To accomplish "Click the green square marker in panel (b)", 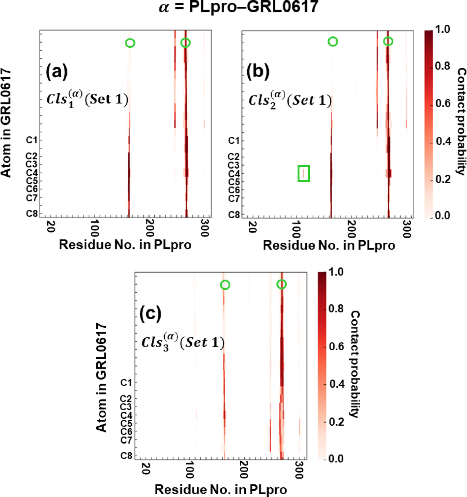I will (303, 173).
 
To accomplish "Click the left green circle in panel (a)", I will (130, 43).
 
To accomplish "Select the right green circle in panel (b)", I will (388, 41).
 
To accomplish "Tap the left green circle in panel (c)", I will (225, 285).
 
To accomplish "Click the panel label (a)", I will (57, 71).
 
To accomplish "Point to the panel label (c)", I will (150, 313).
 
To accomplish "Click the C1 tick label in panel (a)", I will (32, 140).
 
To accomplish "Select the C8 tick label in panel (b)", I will (234, 215).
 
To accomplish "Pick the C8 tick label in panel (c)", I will (126, 456).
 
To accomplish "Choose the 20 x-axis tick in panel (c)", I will (146, 469).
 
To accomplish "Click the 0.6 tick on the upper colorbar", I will (443, 104).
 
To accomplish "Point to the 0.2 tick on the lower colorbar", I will (336, 422).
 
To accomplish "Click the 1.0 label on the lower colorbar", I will (336, 272).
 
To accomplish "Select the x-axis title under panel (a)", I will (125, 245).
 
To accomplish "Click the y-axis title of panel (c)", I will (101, 377).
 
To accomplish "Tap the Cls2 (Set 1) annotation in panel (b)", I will (290, 100).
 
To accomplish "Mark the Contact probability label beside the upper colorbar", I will (461, 121).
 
